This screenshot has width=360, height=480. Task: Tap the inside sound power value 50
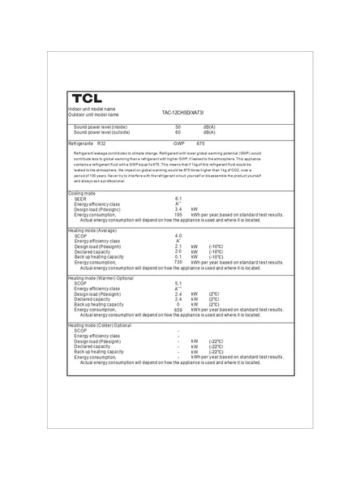pos(178,126)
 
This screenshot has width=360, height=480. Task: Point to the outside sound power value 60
pos(178,132)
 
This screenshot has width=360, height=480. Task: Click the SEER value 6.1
pos(178,198)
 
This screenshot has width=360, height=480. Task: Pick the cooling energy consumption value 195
pos(178,215)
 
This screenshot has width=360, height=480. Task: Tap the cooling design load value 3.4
pos(178,209)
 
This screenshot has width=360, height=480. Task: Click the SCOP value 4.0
pos(178,235)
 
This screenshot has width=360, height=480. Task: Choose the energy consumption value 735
pos(178,263)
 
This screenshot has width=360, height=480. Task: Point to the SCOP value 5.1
pos(178,283)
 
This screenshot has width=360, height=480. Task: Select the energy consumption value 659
pos(178,311)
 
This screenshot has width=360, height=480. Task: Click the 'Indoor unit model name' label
pos(92,109)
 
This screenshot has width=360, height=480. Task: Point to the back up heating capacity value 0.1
pos(178,257)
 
